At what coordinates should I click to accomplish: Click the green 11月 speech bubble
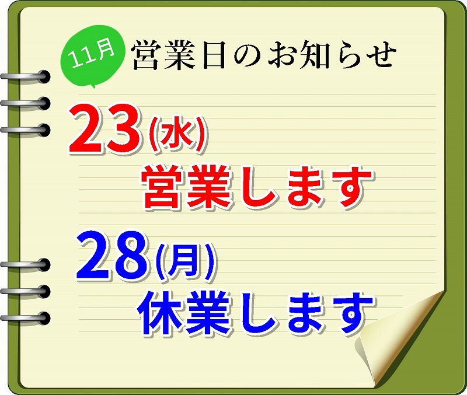[93, 55]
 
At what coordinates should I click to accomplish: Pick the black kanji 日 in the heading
[214, 55]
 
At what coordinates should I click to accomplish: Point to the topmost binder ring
[26, 77]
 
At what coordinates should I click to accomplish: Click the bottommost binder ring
[26, 318]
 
